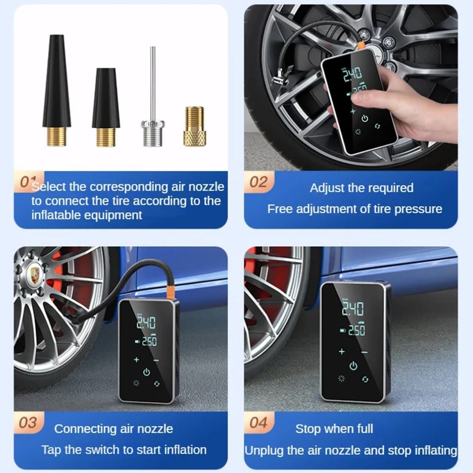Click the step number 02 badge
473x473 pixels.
[x=258, y=182]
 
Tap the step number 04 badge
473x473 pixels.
[x=258, y=423]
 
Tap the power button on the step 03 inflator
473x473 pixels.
[x=147, y=372]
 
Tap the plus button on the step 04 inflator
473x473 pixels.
[x=341, y=351]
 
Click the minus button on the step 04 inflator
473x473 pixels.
[x=364, y=352]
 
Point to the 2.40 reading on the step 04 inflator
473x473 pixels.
[x=352, y=309]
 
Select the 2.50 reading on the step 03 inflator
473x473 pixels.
[x=149, y=341]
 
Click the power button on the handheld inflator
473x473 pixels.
[x=365, y=118]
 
